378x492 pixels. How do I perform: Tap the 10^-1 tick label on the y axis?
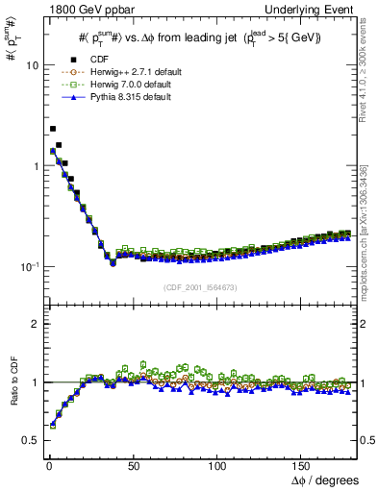click(x=26, y=266)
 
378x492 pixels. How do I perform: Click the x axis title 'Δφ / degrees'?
click(x=325, y=480)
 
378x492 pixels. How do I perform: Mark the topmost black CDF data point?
click(x=53, y=128)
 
